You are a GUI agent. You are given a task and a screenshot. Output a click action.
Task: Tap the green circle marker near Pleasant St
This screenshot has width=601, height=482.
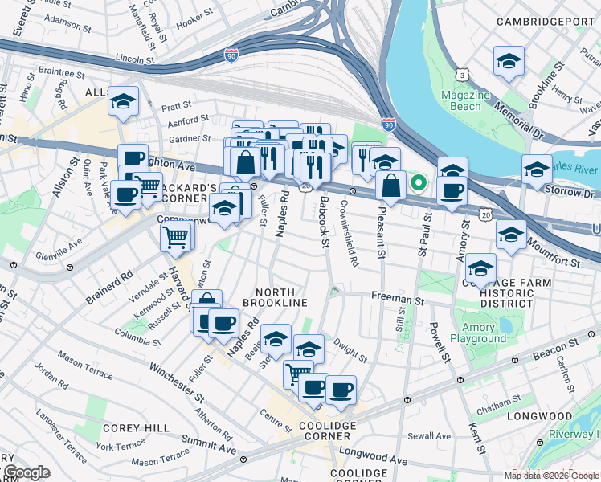pos(418,182)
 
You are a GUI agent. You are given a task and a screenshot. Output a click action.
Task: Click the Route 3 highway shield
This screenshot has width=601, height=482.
pos(463,75)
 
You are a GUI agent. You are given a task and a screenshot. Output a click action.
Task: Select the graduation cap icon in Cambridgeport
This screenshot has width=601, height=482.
pos(509,62)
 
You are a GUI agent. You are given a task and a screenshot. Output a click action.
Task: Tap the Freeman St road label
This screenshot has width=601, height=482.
pos(397,299)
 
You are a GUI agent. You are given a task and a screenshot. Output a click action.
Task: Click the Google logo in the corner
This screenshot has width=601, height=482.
pos(26,472)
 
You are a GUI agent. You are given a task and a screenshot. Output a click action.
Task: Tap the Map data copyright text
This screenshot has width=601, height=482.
pos(550,476)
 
